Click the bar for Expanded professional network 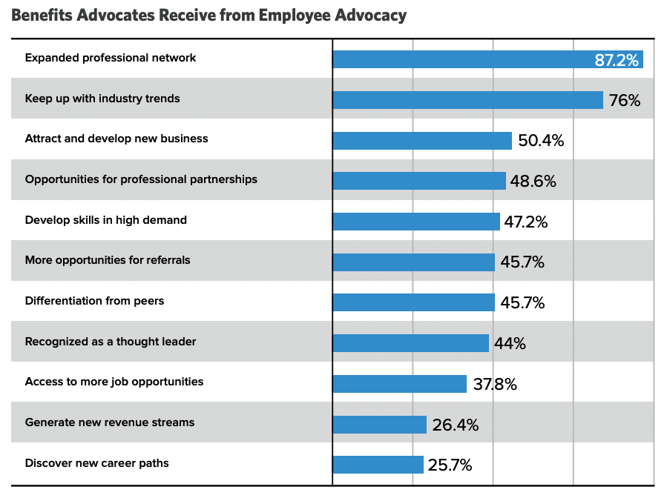[460, 59]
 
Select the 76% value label [624, 101]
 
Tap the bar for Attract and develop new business [422, 141]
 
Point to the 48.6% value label [533, 182]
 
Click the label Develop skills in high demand [106, 220]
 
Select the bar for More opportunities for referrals [413, 262]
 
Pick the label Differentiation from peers [94, 301]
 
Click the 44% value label [510, 344]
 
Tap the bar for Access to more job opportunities [399, 384]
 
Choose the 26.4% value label [456, 425]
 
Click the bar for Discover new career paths [378, 465]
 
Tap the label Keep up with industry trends [102, 99]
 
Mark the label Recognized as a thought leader [111, 342]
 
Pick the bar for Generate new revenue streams [379, 425]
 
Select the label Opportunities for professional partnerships [141, 179]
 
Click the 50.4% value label [541, 141]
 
